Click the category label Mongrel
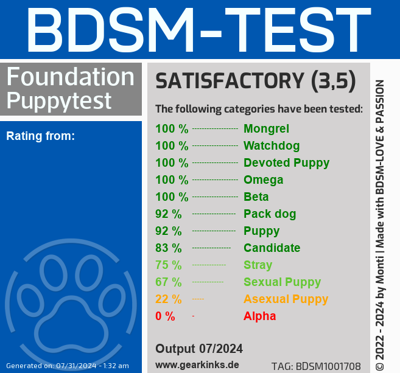point(266,128)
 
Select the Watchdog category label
point(272,145)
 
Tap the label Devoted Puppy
point(286,162)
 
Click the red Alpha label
point(259,316)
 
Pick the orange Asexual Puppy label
point(286,299)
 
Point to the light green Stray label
point(258,265)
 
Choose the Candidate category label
point(272,248)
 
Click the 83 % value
point(169,248)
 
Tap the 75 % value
point(169,265)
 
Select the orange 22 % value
point(169,299)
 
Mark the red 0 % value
point(165,316)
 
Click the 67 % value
point(169,282)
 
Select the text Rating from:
point(40,136)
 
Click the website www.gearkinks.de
point(197,364)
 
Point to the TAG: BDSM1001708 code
point(315,366)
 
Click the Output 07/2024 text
point(199,349)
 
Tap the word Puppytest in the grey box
point(59,99)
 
